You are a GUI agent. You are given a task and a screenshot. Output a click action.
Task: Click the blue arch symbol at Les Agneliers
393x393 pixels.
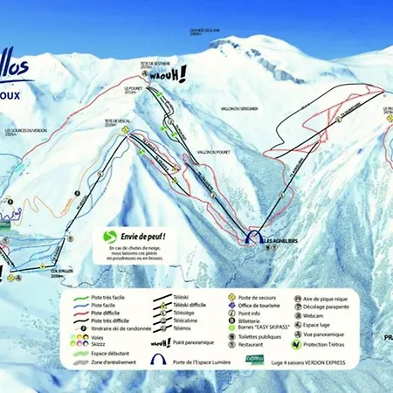pos(252,238)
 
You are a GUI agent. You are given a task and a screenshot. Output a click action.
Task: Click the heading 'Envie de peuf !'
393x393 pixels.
pos(139,236)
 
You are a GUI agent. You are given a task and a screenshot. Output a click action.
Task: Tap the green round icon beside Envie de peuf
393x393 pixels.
pos(110,236)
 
